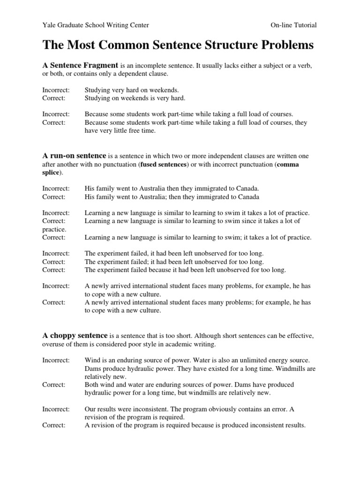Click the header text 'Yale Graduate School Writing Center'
coord(96,25)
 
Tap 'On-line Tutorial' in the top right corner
coord(293,25)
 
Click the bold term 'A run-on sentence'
coord(75,155)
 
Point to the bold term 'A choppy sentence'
coord(75,336)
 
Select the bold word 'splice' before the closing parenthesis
coord(51,172)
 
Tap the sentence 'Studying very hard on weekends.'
coord(132,90)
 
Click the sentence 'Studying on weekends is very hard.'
coord(135,98)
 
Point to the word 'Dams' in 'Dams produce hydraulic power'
coord(93,368)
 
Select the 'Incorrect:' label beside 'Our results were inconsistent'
coord(56,409)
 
